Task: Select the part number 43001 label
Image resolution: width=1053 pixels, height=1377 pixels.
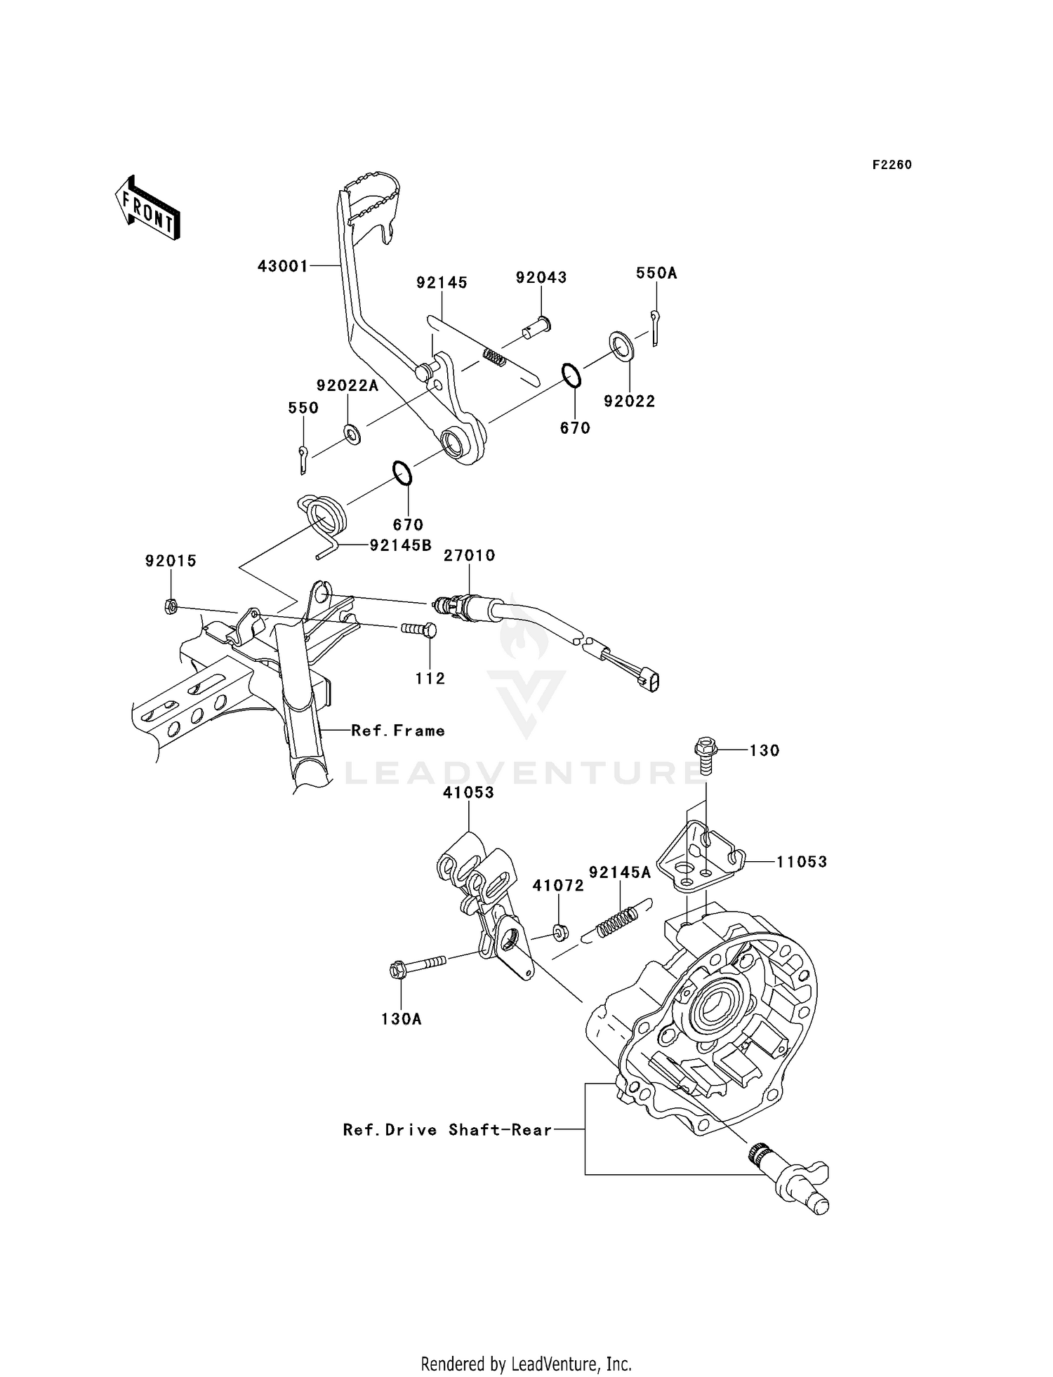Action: tap(283, 267)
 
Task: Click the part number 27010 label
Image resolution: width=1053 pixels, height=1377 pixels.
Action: tap(469, 556)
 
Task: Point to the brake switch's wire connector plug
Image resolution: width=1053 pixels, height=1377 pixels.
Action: tap(650, 679)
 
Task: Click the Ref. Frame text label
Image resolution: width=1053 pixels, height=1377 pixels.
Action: tap(398, 731)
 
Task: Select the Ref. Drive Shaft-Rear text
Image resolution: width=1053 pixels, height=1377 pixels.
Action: tap(447, 1130)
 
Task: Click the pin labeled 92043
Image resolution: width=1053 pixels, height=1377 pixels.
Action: tap(537, 327)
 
